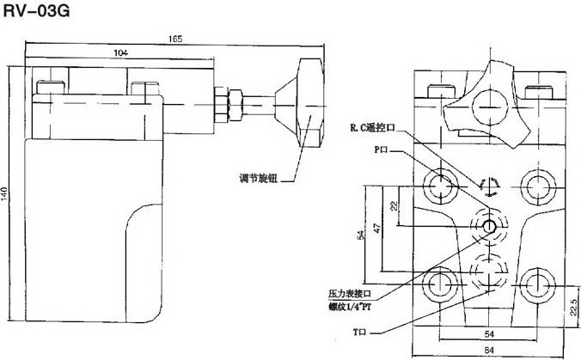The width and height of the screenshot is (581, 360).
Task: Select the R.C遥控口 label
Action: pos(373,129)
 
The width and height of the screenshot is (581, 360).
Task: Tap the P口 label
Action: pos(382,149)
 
